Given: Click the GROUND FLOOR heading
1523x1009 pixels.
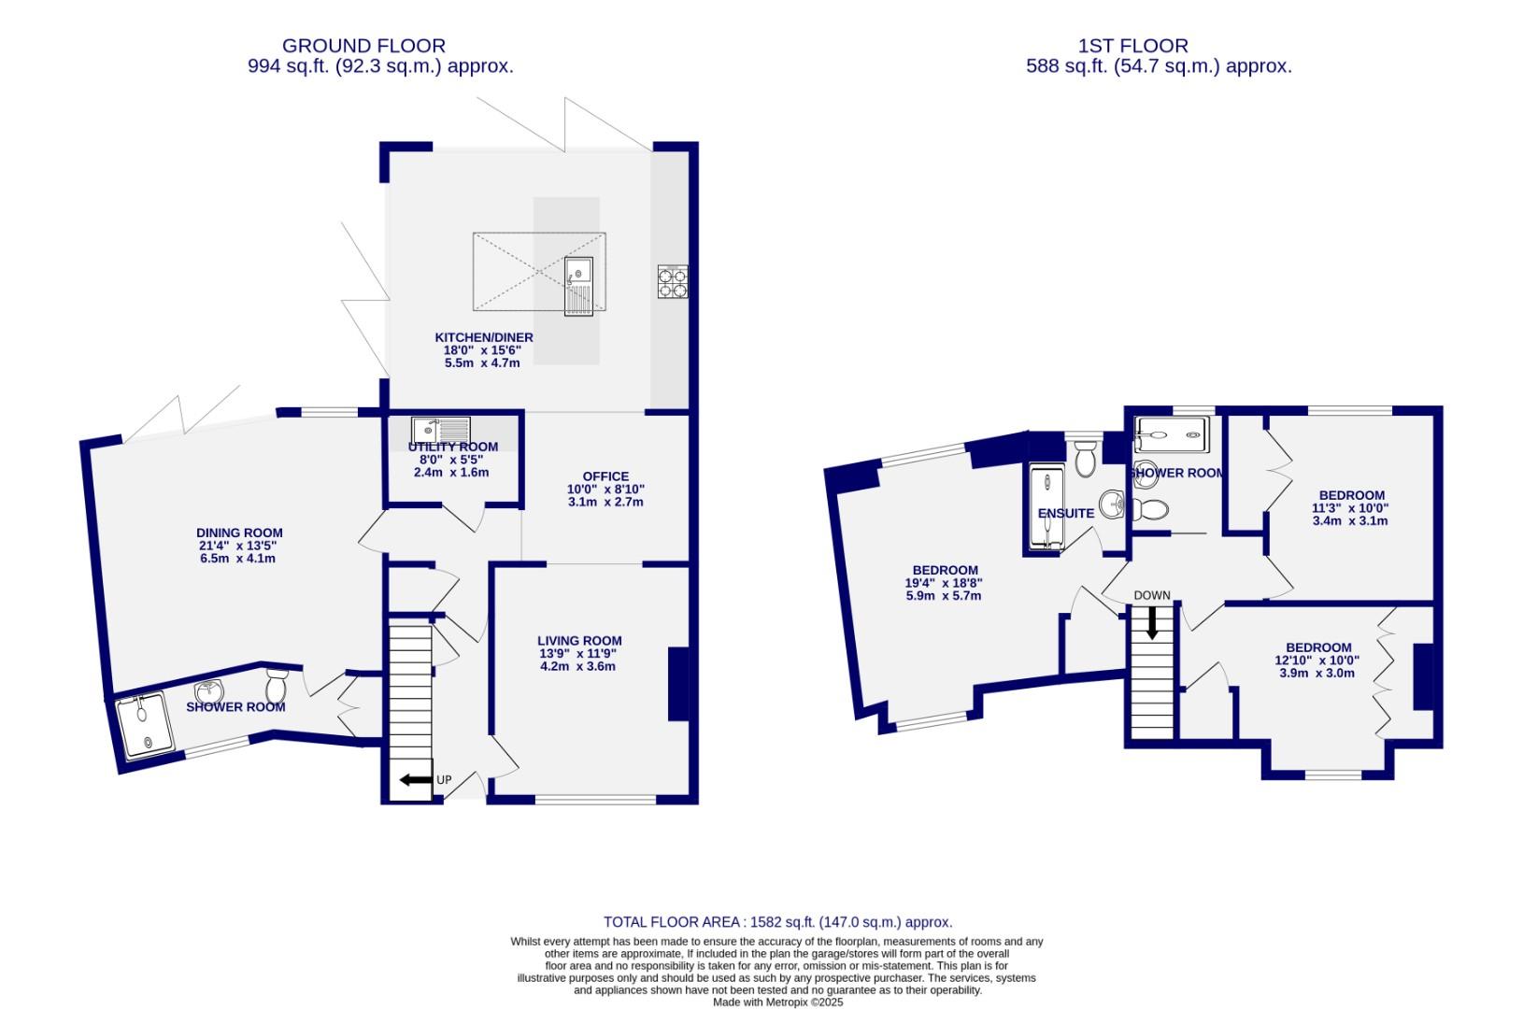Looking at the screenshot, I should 363,45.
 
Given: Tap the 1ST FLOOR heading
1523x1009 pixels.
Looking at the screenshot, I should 1132,45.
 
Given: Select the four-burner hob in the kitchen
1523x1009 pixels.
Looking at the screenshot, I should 673,281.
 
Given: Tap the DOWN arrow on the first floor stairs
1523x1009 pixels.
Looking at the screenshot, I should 1151,621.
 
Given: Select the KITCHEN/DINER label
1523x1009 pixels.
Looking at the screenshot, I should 483,337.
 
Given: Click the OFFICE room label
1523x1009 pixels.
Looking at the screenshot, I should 605,476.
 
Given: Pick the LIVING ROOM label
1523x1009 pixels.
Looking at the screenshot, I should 579,641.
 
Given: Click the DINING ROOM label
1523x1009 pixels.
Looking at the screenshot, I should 239,533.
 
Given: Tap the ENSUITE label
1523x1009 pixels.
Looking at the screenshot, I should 1065,513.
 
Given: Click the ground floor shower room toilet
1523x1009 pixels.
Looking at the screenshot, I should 276,686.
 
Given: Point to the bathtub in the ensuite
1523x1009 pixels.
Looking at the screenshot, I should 1045,507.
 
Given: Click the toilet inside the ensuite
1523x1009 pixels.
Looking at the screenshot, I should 1085,458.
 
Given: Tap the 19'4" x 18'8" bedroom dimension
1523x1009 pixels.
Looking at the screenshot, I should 945,583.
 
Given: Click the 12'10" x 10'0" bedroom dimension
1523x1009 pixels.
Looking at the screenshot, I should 1317,660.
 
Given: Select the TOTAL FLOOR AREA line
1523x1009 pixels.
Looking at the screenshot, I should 777,921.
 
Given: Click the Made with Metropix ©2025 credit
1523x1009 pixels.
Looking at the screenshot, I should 777,1002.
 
